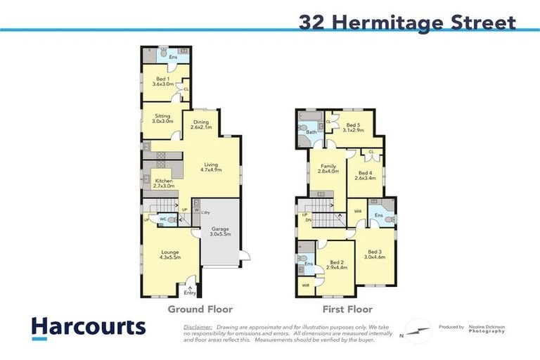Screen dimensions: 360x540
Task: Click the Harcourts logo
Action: [88, 328]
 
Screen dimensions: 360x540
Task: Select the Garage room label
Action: [221, 232]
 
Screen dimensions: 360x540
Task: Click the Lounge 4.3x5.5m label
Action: [169, 255]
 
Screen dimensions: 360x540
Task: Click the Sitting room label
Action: [162, 118]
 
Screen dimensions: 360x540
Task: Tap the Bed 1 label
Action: [162, 81]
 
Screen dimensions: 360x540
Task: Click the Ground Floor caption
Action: [200, 309]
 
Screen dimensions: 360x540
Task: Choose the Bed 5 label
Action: [353, 127]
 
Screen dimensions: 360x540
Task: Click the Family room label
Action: [328, 168]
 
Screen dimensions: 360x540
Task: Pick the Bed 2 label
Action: [337, 264]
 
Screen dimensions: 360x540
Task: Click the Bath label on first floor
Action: [311, 131]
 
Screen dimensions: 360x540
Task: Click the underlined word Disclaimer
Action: [198, 327]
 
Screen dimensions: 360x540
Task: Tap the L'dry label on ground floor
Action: [205, 212]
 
